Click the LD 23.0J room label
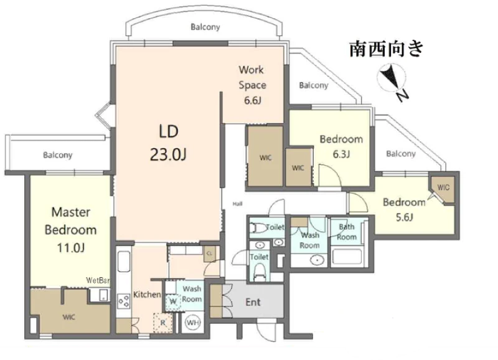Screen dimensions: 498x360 168,143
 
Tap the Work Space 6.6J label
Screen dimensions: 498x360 252,85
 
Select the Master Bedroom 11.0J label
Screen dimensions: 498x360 70,230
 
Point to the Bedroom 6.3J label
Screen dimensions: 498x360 341,146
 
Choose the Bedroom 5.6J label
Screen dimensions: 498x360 404,210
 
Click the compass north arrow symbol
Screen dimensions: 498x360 392,80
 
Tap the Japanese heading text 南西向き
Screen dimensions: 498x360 387,49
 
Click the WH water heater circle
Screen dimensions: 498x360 193,323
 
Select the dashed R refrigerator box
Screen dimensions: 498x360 162,323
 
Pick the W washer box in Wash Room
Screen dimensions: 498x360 173,301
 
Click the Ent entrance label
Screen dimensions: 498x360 253,302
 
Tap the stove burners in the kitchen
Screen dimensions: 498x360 124,301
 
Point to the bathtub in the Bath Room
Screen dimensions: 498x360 347,257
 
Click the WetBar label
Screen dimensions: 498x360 98,280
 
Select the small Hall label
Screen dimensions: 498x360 238,204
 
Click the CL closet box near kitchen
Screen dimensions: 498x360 209,254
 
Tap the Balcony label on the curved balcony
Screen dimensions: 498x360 205,27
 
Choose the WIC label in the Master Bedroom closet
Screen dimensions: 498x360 69,317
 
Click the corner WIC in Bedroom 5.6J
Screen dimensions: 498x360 443,187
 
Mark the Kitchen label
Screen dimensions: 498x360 147,295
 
